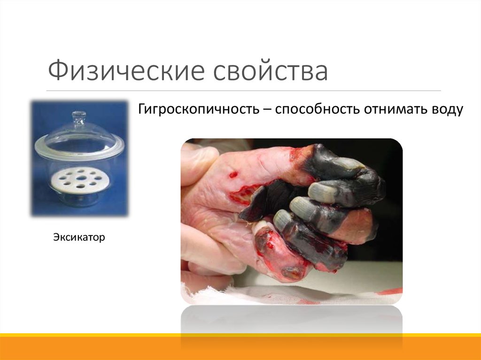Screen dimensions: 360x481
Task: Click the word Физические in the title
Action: tap(125, 71)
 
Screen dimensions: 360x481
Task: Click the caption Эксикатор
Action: tap(78, 238)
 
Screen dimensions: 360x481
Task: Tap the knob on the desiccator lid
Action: tap(79, 115)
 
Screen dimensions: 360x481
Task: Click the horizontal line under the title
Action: tap(244, 91)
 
